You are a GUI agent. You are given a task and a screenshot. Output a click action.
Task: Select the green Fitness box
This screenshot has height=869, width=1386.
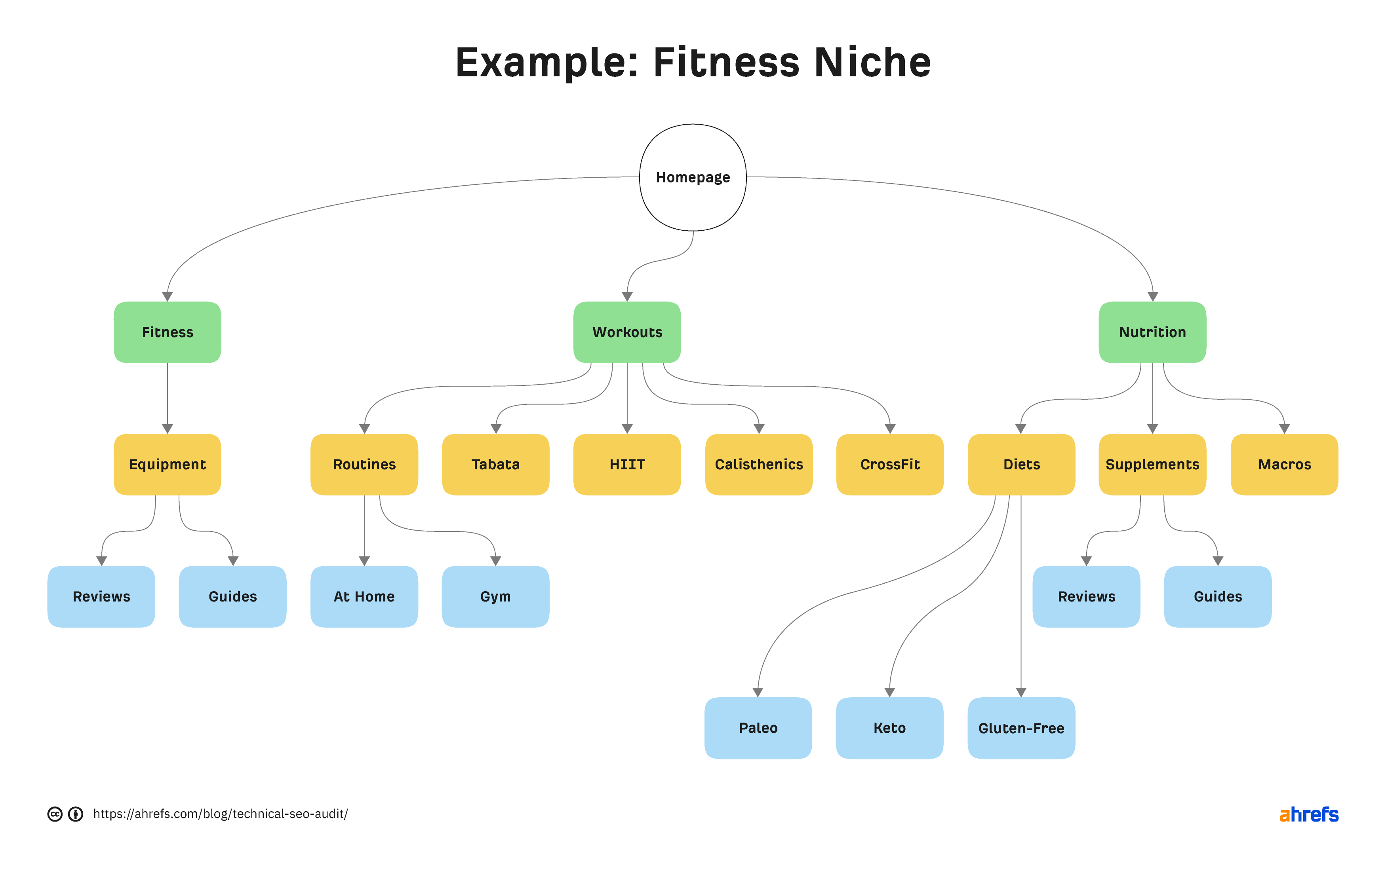(x=168, y=332)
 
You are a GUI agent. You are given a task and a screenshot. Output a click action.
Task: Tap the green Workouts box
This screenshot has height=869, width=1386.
(x=627, y=332)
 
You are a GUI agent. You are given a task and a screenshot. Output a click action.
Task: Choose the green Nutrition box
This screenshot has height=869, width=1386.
(x=1152, y=332)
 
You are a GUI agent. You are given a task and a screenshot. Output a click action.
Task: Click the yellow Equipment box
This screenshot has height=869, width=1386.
(x=168, y=465)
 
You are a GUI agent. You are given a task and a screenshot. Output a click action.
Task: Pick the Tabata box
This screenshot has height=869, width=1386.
(x=495, y=465)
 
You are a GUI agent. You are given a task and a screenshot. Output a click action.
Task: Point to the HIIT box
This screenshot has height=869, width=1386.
(x=627, y=465)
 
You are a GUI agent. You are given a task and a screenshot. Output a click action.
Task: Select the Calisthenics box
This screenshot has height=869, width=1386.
(x=759, y=465)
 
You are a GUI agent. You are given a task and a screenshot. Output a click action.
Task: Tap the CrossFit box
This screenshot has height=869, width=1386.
(x=890, y=465)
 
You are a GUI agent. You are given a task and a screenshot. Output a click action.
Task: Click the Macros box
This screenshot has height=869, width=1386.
(x=1284, y=465)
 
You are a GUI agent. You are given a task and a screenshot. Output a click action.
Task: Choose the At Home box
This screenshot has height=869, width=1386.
(x=364, y=597)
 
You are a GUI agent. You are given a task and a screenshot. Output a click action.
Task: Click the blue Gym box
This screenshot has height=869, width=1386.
(x=495, y=597)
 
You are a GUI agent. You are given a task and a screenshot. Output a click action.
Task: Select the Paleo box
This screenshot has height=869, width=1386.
(x=758, y=728)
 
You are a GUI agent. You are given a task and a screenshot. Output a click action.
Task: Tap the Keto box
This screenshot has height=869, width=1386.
(x=889, y=728)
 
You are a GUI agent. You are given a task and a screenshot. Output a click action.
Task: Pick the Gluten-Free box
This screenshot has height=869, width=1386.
(x=1021, y=728)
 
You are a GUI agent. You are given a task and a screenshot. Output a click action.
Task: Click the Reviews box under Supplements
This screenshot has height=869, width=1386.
(x=1086, y=597)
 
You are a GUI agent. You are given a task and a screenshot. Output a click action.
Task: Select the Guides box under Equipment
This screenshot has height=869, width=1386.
(x=232, y=597)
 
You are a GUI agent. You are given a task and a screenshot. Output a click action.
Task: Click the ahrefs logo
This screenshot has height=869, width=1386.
(x=1308, y=814)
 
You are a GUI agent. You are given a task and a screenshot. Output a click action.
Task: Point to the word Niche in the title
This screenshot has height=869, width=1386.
(x=872, y=62)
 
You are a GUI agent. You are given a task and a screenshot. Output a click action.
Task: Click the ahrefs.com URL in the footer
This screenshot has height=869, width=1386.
(x=220, y=814)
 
